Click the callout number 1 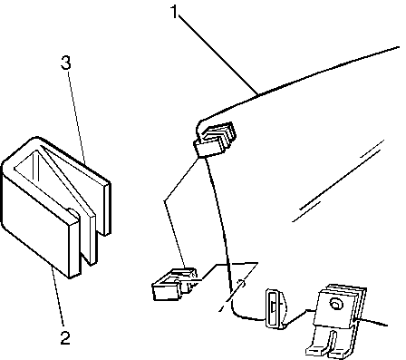tap(174, 12)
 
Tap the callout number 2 tap(65, 338)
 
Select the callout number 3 tap(65, 63)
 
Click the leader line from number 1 tap(218, 55)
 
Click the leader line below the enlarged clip tap(57, 297)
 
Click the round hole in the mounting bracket tap(335, 304)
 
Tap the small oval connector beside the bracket tap(275, 308)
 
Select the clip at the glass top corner tap(215, 139)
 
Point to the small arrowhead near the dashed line tap(241, 284)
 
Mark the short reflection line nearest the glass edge tap(372, 149)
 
